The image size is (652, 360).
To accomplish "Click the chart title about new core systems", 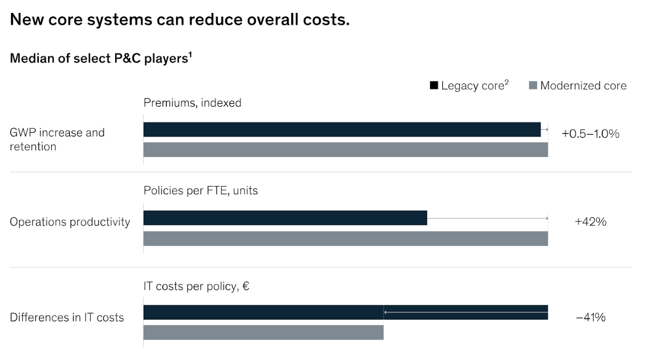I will [179, 20].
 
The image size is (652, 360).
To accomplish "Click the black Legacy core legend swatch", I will [434, 86].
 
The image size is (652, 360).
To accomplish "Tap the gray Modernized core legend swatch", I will [532, 86].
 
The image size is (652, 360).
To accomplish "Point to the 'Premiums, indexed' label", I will [192, 103].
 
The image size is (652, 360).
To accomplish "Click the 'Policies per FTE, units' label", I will [201, 191].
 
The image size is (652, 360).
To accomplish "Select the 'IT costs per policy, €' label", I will [196, 287].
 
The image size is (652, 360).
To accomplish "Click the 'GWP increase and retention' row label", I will [57, 139].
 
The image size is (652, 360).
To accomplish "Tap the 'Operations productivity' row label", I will [70, 222].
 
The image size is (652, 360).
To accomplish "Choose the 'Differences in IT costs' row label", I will [67, 317].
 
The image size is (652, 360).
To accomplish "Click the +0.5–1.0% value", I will [590, 134].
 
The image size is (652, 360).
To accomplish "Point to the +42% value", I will [590, 222].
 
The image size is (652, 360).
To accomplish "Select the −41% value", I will [590, 317].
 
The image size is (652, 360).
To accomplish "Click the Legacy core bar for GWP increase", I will [342, 129].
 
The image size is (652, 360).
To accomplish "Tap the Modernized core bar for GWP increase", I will [345, 150].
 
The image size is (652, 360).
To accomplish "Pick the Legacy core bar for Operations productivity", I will [285, 218].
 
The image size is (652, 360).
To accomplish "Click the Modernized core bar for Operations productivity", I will [345, 239].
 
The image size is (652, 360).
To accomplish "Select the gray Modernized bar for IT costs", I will [263, 332].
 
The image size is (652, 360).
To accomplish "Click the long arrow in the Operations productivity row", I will [487, 218].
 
